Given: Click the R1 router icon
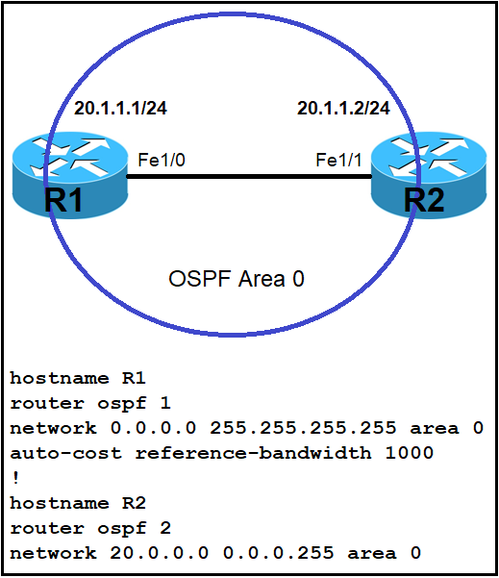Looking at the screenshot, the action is [x=70, y=176].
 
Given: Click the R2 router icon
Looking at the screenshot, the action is [x=429, y=176].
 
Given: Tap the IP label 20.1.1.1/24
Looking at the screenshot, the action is [x=120, y=109].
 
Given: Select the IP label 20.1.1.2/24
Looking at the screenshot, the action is [x=343, y=109].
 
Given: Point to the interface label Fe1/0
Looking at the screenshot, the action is [x=162, y=160].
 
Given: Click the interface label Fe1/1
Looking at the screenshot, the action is [x=338, y=160].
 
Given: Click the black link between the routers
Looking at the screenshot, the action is [x=249, y=177].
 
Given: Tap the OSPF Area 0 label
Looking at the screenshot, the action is [x=237, y=279].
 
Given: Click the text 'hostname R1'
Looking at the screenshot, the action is [x=78, y=378].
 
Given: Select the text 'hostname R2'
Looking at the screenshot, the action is [x=78, y=503].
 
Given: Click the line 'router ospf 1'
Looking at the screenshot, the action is [x=90, y=403].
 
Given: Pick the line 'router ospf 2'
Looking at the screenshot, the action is [x=90, y=528].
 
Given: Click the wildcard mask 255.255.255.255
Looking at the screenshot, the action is [x=303, y=428].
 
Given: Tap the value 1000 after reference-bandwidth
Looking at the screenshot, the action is [x=409, y=453].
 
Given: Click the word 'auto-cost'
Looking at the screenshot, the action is [x=65, y=453].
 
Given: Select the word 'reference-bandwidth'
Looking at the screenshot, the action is [x=253, y=453].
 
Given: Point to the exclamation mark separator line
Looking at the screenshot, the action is [x=15, y=478].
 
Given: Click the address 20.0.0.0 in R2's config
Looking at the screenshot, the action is [x=160, y=553].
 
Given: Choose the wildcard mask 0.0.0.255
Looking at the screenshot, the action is [x=278, y=553].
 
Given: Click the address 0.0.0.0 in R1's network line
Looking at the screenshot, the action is [x=153, y=428].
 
